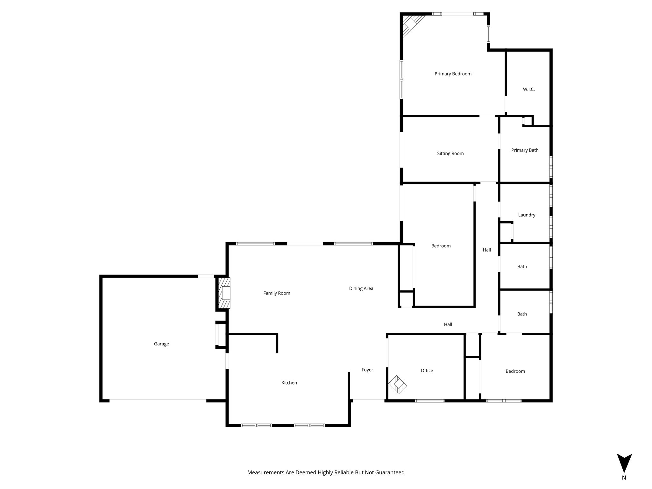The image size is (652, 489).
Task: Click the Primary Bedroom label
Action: tap(453, 74)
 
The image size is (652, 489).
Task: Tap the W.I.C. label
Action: tap(528, 89)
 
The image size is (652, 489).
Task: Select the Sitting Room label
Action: tap(450, 153)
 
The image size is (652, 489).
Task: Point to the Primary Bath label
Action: tap(525, 150)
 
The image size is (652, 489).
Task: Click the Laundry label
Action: tap(527, 215)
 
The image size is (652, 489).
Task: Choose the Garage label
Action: tap(161, 344)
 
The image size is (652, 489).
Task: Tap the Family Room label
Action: tap(277, 293)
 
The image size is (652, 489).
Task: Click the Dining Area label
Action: tap(361, 288)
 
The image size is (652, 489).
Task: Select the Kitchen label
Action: tap(289, 383)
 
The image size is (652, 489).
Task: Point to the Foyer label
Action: tap(367, 370)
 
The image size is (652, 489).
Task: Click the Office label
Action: tap(427, 371)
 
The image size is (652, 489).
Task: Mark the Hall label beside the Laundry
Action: tap(486, 250)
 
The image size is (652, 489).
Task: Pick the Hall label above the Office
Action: tap(448, 324)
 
